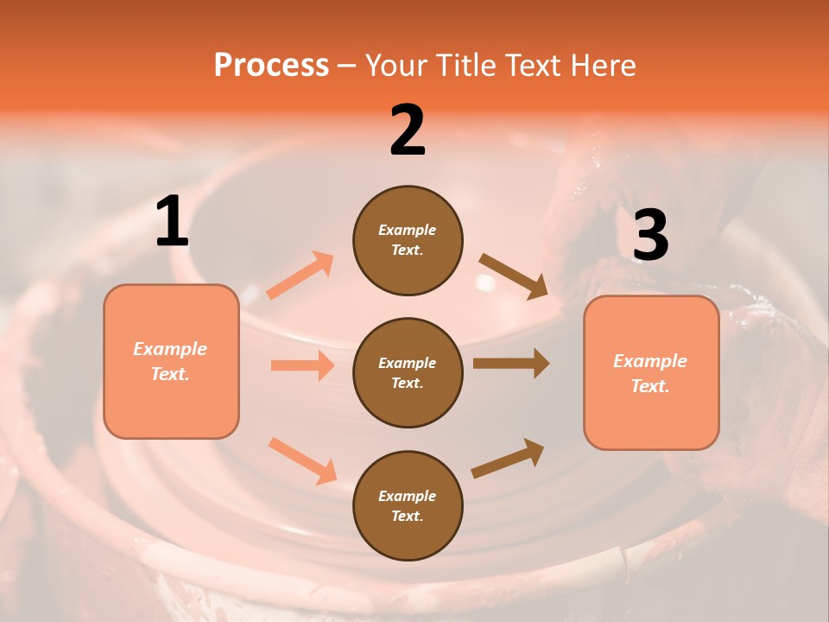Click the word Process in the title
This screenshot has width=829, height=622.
click(x=271, y=66)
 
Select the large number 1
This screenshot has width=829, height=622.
click(x=172, y=223)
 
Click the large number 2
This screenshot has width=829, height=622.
click(x=408, y=130)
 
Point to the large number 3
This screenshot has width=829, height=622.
click(x=650, y=235)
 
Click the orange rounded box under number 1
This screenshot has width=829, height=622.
click(x=171, y=361)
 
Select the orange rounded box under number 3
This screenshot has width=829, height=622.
click(x=651, y=373)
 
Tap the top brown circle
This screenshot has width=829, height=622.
click(x=408, y=240)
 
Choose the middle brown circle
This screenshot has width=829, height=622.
click(x=408, y=373)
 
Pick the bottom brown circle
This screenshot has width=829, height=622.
click(x=408, y=505)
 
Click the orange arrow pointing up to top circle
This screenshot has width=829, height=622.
click(x=301, y=276)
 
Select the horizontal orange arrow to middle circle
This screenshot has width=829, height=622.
click(x=302, y=365)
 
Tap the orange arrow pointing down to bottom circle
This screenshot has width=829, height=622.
click(x=302, y=460)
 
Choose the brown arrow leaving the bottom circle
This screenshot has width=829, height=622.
click(x=508, y=458)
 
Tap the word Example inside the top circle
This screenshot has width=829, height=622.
click(x=408, y=230)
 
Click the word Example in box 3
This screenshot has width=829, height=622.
click(x=650, y=361)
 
